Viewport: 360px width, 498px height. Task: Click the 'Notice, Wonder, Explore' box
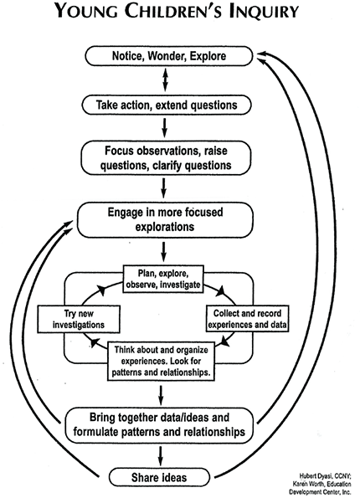point(169,56)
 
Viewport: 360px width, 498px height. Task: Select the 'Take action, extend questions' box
point(167,105)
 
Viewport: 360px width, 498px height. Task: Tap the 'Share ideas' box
point(159,477)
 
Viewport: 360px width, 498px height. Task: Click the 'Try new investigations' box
point(79,319)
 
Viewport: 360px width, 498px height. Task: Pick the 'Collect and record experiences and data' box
point(247,319)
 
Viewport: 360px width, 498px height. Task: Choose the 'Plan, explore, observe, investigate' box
point(163,279)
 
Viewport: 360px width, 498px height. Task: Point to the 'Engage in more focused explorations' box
point(165,220)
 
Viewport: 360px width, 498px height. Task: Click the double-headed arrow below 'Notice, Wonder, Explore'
point(165,80)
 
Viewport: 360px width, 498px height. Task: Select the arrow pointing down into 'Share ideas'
point(161,456)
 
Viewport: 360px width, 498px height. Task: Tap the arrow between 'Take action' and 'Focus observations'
point(164,128)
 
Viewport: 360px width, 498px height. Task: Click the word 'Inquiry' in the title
point(264,12)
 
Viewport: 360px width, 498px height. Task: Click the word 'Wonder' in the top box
point(167,56)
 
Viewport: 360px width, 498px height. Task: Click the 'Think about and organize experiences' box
point(161,361)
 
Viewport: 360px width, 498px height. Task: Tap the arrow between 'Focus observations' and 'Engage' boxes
point(163,187)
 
